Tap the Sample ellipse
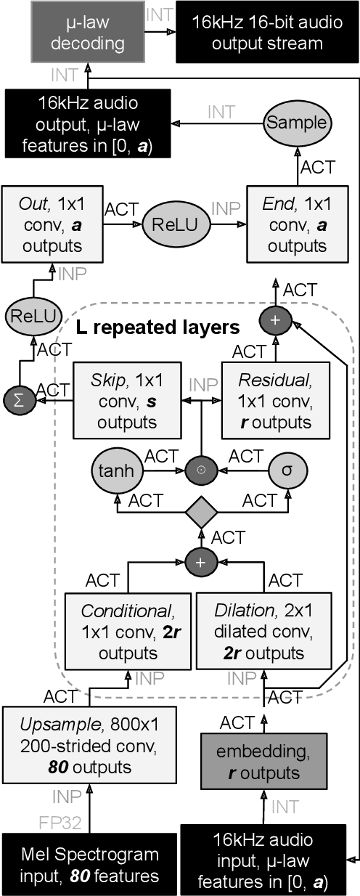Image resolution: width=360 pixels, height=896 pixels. pos(297,123)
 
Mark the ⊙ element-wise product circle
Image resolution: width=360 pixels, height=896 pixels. pos(200,470)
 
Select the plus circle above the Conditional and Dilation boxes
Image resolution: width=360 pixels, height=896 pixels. pos(200,562)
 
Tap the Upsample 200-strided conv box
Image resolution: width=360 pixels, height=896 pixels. pos(76,748)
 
